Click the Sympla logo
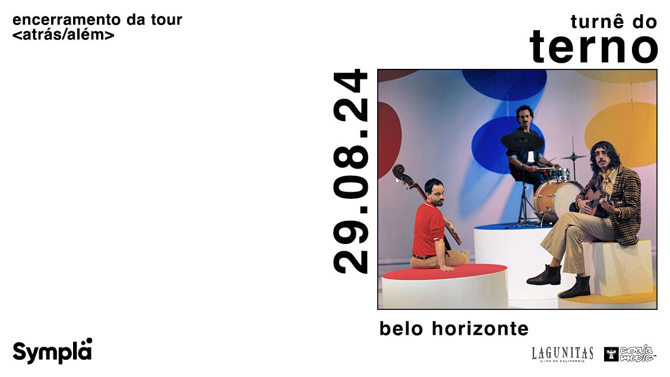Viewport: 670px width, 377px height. click(52, 351)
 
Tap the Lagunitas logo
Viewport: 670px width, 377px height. click(562, 354)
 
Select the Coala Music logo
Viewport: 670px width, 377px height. click(630, 353)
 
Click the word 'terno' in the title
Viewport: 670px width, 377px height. click(593, 46)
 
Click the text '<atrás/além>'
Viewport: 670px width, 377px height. click(64, 34)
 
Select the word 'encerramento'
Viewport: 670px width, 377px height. click(67, 20)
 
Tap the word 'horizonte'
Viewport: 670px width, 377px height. click(480, 328)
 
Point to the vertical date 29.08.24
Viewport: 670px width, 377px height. click(350, 171)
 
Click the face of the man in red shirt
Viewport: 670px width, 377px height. click(436, 194)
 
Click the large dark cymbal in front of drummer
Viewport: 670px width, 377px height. click(522, 141)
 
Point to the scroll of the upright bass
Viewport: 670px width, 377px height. click(399, 172)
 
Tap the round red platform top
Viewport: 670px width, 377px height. click(444, 271)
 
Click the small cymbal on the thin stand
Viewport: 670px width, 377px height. click(573, 157)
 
